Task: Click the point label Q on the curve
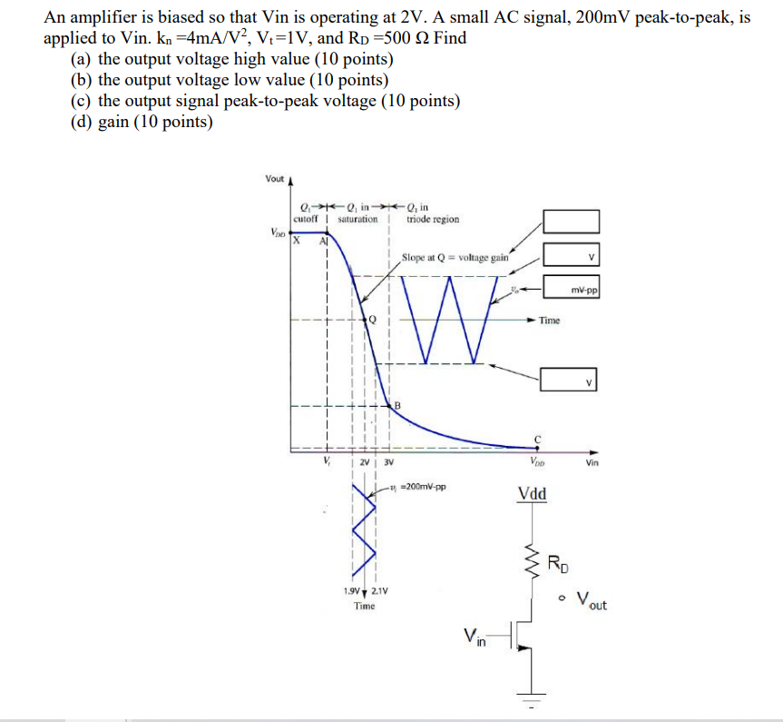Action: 371,320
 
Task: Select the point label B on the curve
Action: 396,404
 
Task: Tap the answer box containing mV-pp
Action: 571,284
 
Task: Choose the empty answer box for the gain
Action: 571,221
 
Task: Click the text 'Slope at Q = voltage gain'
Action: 454,257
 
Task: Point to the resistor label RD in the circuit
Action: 560,564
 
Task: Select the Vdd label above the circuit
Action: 533,494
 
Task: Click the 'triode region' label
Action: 433,219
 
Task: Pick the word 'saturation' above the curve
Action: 357,219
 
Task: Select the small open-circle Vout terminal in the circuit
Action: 563,598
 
